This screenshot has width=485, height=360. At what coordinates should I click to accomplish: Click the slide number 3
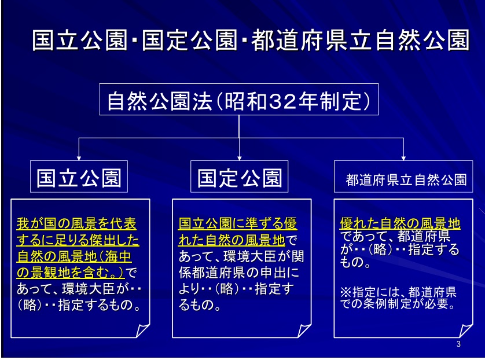458,344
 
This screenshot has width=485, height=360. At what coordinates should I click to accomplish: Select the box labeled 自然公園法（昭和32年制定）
239,100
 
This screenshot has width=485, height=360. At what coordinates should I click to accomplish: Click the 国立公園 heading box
79,177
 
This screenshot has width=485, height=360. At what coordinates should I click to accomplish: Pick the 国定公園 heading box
240,177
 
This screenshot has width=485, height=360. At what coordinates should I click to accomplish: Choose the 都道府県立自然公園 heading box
403,177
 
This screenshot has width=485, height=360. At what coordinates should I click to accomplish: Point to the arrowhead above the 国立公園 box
79,158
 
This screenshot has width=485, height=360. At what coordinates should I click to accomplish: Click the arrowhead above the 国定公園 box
240,158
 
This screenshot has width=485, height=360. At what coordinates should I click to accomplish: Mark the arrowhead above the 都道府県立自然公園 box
403,158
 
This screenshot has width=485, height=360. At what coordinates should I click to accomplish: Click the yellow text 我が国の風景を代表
76,223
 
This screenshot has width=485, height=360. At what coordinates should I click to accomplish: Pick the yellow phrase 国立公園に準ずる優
237,223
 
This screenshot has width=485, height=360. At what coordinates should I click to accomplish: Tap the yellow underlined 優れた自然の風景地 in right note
400,223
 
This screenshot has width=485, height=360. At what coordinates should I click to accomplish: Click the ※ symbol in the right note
346,292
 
